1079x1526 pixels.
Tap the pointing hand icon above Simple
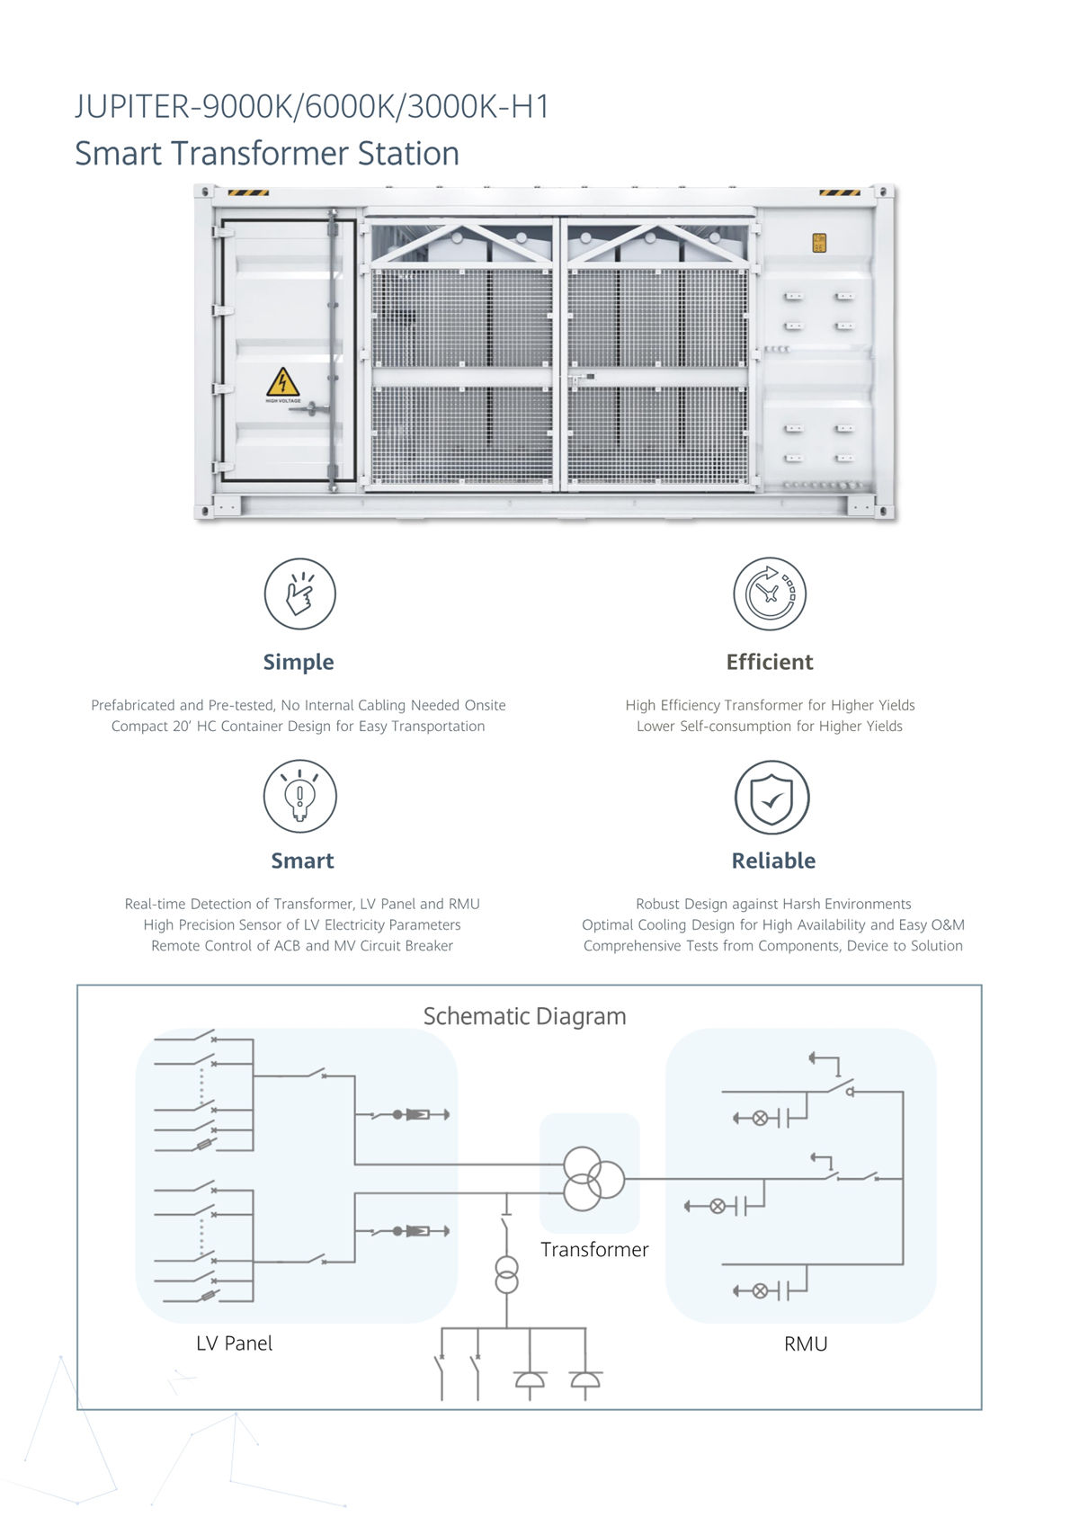point(299,593)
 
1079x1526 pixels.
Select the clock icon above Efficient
point(770,593)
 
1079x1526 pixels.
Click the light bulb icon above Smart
point(299,796)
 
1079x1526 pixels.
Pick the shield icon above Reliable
point(771,797)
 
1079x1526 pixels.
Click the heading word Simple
point(299,662)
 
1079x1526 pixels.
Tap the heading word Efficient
point(770,662)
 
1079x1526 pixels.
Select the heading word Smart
point(302,861)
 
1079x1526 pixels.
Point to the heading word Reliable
point(774,861)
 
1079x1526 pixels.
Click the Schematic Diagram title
point(524,1016)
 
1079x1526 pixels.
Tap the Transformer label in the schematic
point(594,1249)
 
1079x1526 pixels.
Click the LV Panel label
point(235,1343)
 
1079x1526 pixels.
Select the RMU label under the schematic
point(806,1344)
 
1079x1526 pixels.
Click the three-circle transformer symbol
point(593,1179)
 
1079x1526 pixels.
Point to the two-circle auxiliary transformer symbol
point(506,1275)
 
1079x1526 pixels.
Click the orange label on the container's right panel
point(819,243)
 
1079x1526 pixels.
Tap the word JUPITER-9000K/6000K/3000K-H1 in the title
point(312,106)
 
